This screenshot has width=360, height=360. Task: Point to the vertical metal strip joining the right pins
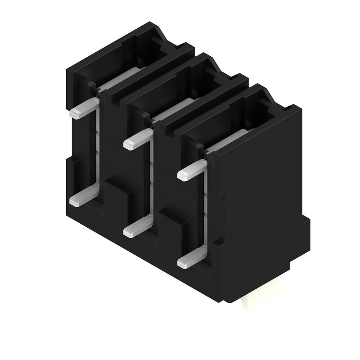coord(205,207)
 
